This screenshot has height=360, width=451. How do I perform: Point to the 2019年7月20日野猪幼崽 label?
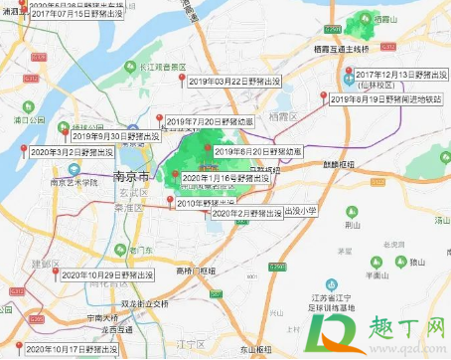click(210, 121)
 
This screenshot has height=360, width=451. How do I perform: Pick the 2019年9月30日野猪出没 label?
click(113, 136)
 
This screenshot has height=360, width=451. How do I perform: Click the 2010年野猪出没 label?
click(211, 202)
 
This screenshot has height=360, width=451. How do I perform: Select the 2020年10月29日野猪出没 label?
click(107, 274)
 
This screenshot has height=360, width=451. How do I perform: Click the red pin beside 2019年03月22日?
click(181, 80)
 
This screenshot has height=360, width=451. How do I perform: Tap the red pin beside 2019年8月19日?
click(323, 96)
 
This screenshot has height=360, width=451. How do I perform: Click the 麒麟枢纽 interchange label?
click(339, 163)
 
